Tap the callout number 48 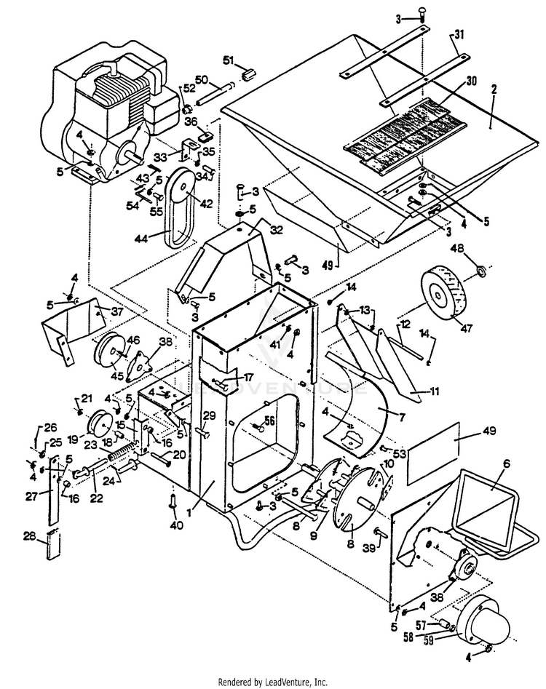479,248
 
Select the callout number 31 459,36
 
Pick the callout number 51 228,60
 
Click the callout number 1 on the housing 188,512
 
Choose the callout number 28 29,537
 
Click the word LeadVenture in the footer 293,682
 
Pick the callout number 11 435,391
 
